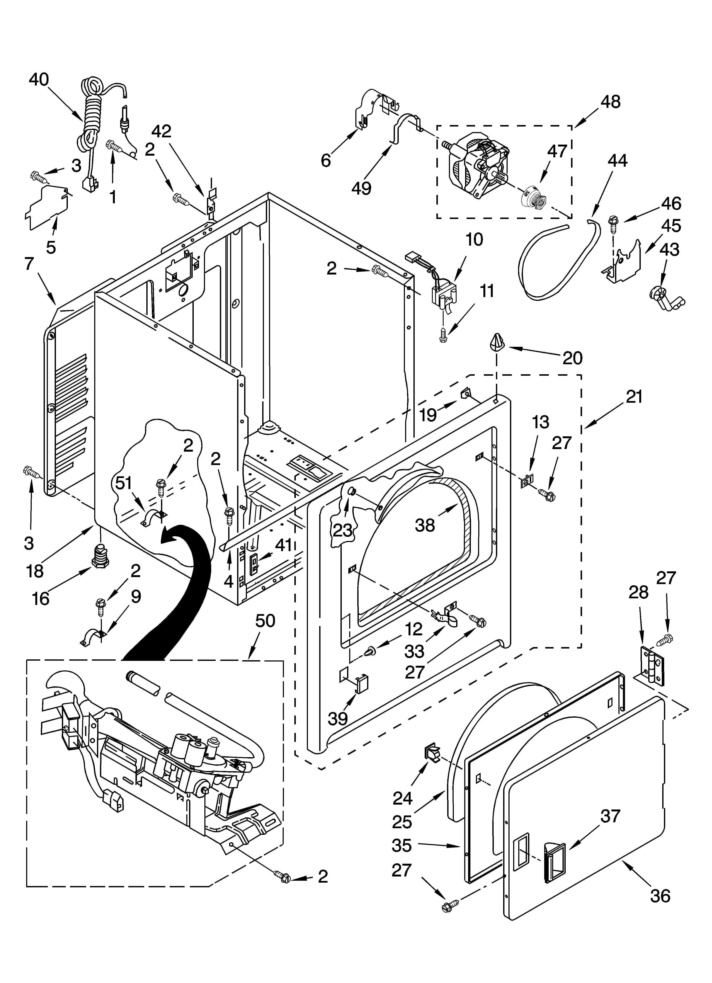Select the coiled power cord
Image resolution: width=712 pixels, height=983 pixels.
pos(90,117)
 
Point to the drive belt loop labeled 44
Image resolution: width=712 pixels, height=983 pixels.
pos(555,260)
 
